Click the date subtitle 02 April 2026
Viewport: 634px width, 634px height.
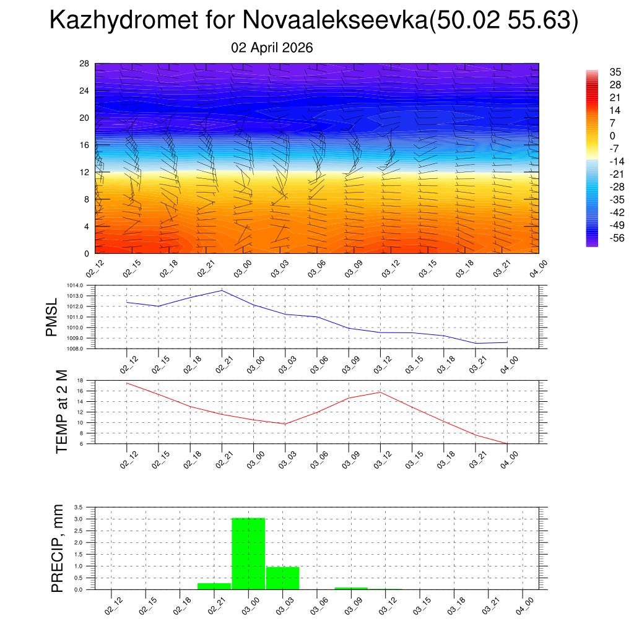[272, 48]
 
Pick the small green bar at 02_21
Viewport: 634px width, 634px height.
[214, 586]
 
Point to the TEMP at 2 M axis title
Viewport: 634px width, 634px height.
[61, 412]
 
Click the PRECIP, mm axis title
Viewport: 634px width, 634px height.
[57, 548]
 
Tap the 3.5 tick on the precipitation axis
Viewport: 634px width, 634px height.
[79, 507]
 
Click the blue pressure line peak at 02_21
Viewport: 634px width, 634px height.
[222, 290]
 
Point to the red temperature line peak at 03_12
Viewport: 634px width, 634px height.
[380, 392]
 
